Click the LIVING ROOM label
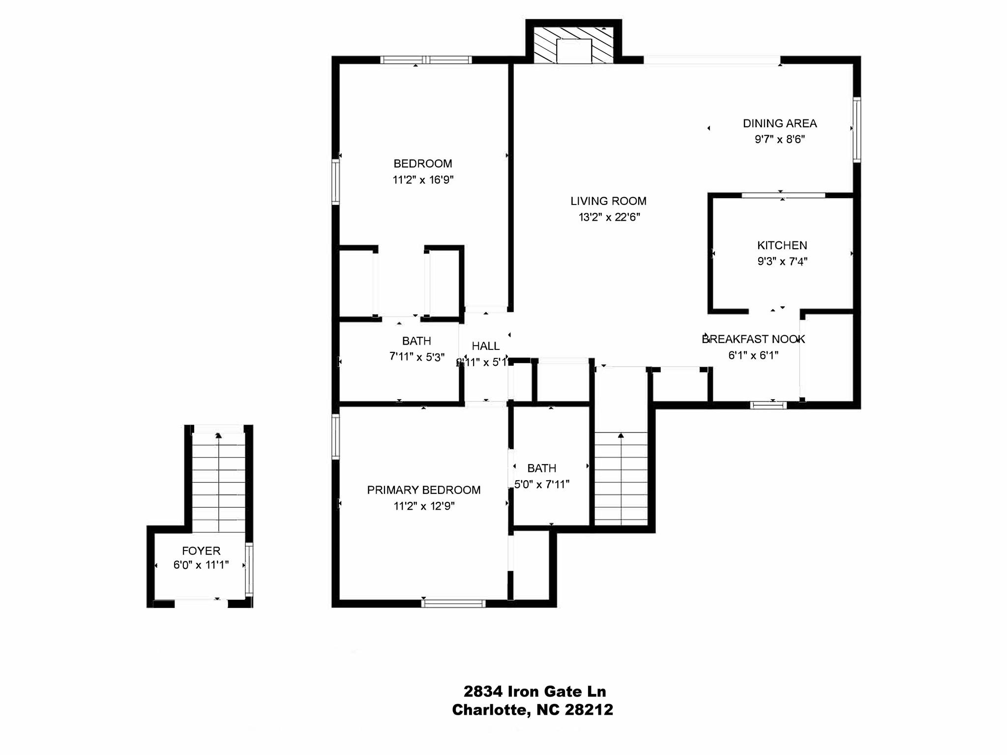608,201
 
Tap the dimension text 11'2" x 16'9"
423,180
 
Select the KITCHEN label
782,245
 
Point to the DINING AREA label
780,123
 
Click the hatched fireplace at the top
574,45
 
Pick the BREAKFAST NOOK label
753,339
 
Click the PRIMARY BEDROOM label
423,490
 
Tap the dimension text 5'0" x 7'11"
541,485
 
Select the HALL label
485,346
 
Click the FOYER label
201,551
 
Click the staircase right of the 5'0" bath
621,479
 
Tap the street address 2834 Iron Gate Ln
534,692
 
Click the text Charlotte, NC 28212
533,710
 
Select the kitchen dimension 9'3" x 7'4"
782,261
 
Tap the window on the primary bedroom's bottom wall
453,603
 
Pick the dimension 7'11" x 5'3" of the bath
417,357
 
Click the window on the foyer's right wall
249,569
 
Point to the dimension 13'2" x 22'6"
609,217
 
